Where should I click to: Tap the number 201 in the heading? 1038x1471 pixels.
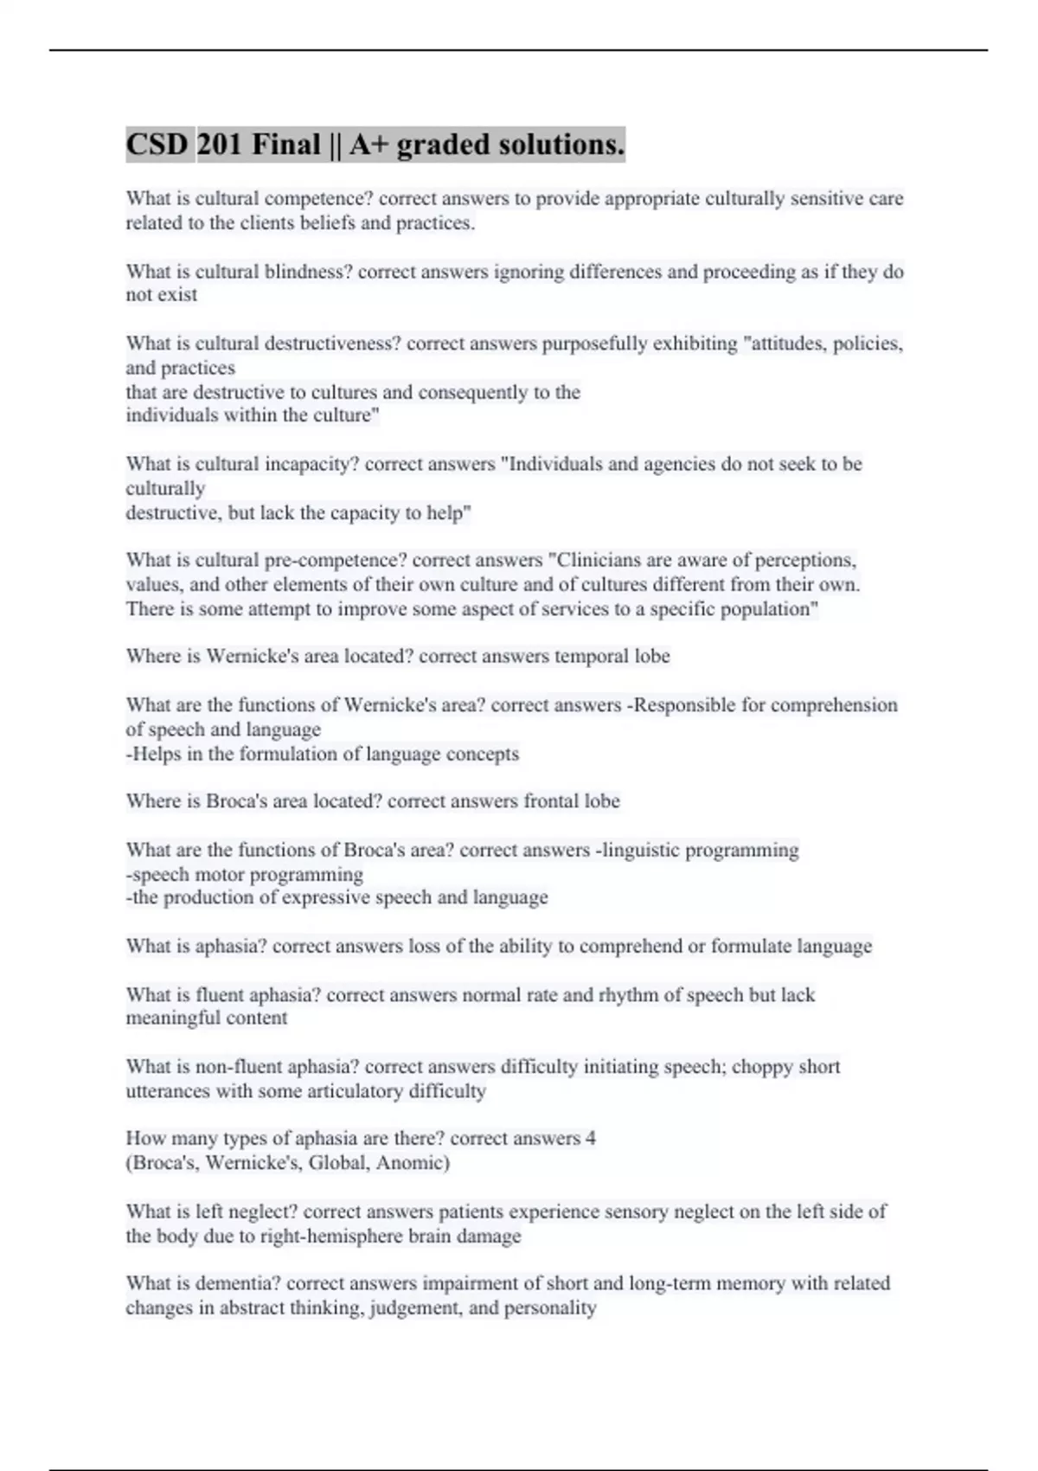(220, 145)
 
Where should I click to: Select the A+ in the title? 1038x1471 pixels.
(368, 145)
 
